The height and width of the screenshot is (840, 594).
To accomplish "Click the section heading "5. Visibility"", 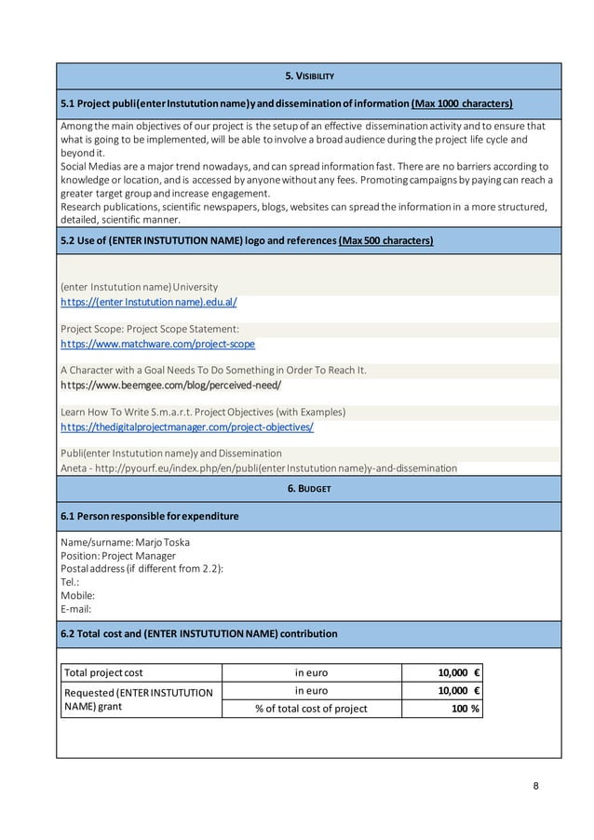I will [x=308, y=75].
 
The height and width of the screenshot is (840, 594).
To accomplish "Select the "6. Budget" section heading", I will [x=308, y=488].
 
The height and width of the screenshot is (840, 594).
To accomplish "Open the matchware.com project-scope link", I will [x=157, y=344].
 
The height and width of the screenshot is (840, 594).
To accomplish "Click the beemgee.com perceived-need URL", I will [x=170, y=385].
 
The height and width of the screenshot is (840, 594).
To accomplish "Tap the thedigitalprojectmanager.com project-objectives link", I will [x=186, y=427].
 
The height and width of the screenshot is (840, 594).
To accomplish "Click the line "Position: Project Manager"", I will [x=118, y=556].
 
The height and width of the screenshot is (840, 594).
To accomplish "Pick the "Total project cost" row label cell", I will [x=102, y=672].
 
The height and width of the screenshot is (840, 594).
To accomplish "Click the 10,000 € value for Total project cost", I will [x=458, y=672].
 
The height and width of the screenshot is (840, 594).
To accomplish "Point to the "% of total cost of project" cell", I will [x=311, y=708].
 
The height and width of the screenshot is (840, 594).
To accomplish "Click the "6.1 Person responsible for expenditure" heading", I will [x=149, y=515].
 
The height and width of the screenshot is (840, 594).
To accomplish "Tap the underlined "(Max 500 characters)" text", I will [x=385, y=240].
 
